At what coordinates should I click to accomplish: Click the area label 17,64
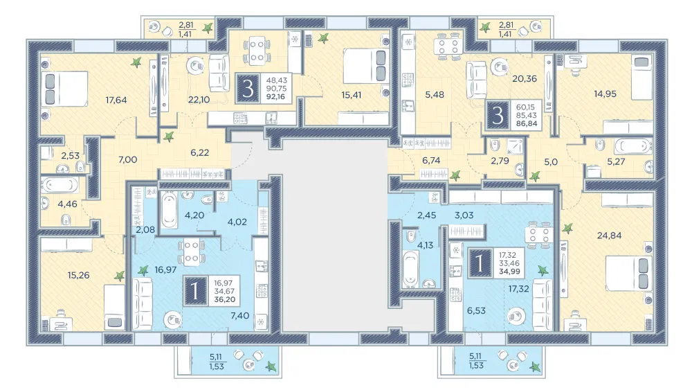pyautogui.click(x=116, y=100)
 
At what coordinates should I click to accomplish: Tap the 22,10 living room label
pyautogui.click(x=199, y=100)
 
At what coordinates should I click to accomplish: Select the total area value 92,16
pyautogui.click(x=276, y=97)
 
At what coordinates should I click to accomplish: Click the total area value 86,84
pyautogui.click(x=527, y=124)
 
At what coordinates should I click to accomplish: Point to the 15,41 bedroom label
pyautogui.click(x=352, y=95)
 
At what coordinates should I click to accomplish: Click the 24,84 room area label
pyautogui.click(x=609, y=236)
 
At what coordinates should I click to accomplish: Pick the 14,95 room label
pyautogui.click(x=605, y=94)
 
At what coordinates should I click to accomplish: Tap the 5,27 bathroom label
pyautogui.click(x=616, y=161)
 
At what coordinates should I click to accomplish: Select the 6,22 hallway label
pyautogui.click(x=199, y=153)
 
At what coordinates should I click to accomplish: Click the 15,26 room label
pyautogui.click(x=79, y=275)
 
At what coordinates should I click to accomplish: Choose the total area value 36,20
pyautogui.click(x=225, y=299)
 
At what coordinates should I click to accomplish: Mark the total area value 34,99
pyautogui.click(x=509, y=272)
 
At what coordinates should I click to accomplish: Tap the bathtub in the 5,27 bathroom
pyautogui.click(x=633, y=145)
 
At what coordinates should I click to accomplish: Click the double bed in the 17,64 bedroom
pyautogui.click(x=65, y=89)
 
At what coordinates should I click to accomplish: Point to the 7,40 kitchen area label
pyautogui.click(x=239, y=316)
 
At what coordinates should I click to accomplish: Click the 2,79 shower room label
pyautogui.click(x=500, y=161)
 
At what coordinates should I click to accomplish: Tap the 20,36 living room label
pyautogui.click(x=525, y=78)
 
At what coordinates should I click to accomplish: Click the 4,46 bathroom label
pyautogui.click(x=68, y=204)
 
